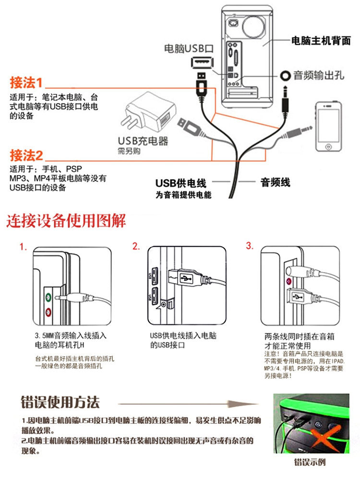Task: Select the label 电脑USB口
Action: (x=188, y=48)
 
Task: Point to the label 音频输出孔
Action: (x=319, y=75)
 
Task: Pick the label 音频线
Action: (x=275, y=182)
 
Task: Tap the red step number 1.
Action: (x=23, y=247)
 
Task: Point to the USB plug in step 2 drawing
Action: (x=186, y=277)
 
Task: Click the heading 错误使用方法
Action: (x=60, y=401)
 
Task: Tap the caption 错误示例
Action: (x=310, y=463)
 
